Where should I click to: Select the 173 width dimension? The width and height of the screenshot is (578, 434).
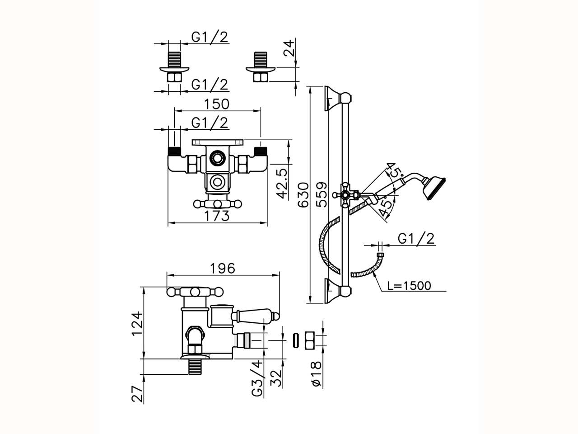point(214,216)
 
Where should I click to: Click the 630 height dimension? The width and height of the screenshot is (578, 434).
point(304,194)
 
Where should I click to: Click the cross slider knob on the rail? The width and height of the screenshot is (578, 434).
point(346,195)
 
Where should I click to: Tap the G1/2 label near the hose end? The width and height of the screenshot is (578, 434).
point(417,239)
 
